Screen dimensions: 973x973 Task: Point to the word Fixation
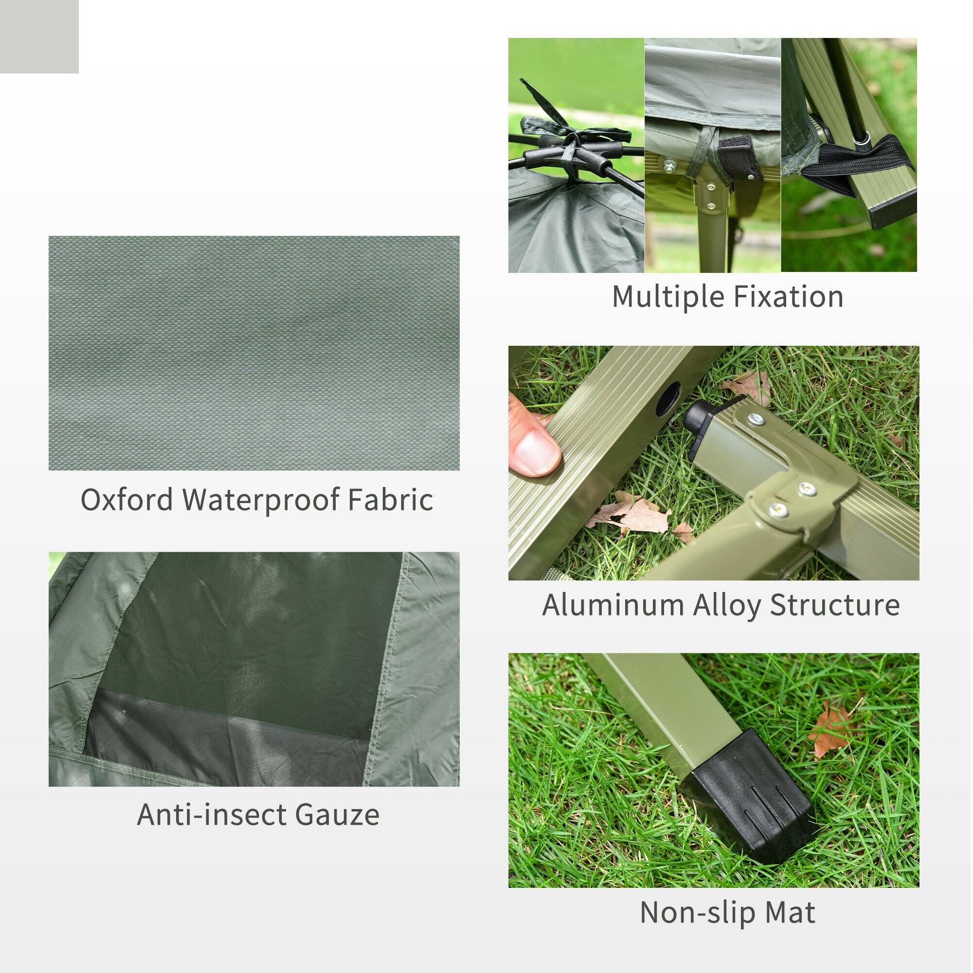(x=788, y=296)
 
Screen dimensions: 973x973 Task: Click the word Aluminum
(x=613, y=605)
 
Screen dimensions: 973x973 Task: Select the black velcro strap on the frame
(x=738, y=166)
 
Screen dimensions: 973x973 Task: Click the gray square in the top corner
(x=39, y=36)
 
